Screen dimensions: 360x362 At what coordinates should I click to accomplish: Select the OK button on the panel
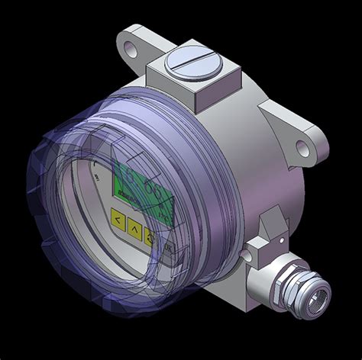point(167,248)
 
